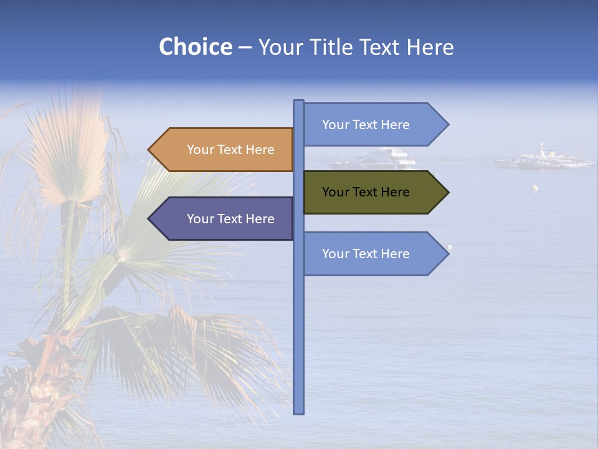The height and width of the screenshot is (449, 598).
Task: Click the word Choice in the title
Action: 195,47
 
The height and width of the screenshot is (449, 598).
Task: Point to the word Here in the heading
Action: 430,47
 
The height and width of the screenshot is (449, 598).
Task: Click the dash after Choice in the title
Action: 245,47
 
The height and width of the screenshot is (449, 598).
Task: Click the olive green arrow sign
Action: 374,192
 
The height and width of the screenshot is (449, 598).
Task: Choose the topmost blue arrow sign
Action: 374,125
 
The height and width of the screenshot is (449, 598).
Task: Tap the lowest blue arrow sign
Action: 374,254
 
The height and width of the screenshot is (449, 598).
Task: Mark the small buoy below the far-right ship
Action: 534,187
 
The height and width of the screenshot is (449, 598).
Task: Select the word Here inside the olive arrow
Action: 395,192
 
